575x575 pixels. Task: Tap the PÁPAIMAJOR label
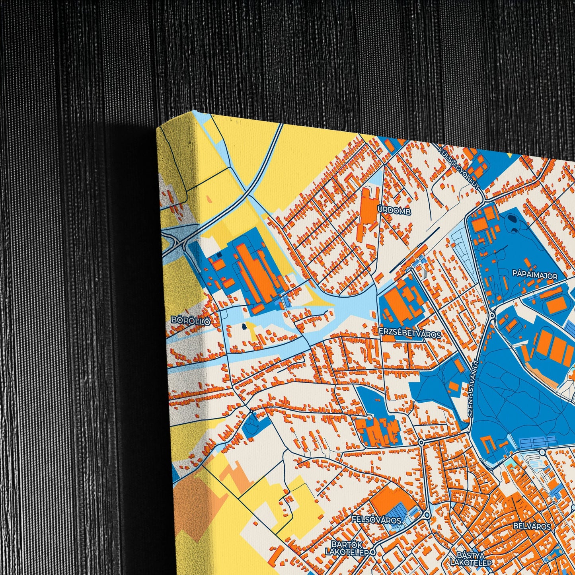[534, 275]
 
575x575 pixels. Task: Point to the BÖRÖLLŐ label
[190, 320]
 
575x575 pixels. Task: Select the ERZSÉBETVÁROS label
[410, 335]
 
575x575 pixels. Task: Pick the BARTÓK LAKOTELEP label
[345, 548]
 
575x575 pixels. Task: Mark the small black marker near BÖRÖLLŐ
[244, 327]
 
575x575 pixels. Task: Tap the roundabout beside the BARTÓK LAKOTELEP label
[372, 552]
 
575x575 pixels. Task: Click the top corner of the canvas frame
[195, 111]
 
